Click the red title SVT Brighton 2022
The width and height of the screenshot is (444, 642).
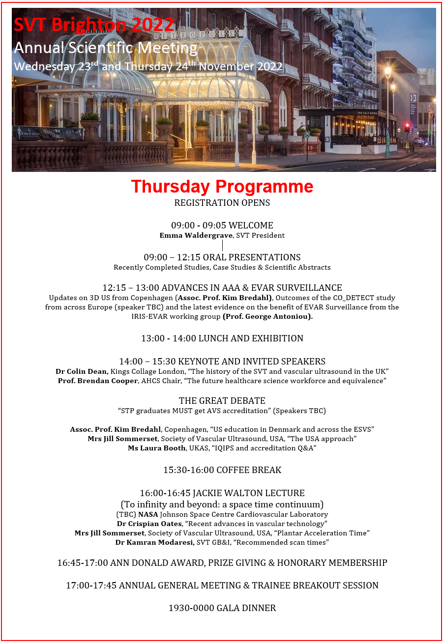(93, 25)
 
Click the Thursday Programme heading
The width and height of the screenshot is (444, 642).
(222, 187)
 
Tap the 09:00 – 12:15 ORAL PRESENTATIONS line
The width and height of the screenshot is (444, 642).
(222, 257)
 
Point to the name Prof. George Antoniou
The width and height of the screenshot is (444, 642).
(268, 317)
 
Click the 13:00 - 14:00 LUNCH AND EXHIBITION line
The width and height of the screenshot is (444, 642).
(222, 338)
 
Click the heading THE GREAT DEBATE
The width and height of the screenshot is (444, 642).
(222, 401)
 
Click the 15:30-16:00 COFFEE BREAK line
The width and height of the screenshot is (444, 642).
(222, 470)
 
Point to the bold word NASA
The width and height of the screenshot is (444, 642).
(148, 514)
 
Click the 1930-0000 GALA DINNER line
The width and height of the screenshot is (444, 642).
(222, 608)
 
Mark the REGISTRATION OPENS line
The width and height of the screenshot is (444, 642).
(222, 203)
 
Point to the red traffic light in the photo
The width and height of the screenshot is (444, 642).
(407, 126)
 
